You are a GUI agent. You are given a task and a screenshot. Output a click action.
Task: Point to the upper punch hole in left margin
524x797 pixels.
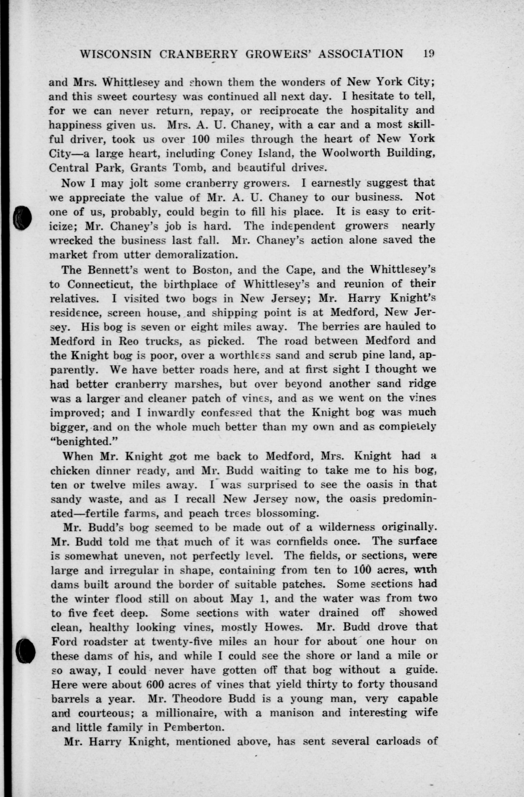coord(22,217)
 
